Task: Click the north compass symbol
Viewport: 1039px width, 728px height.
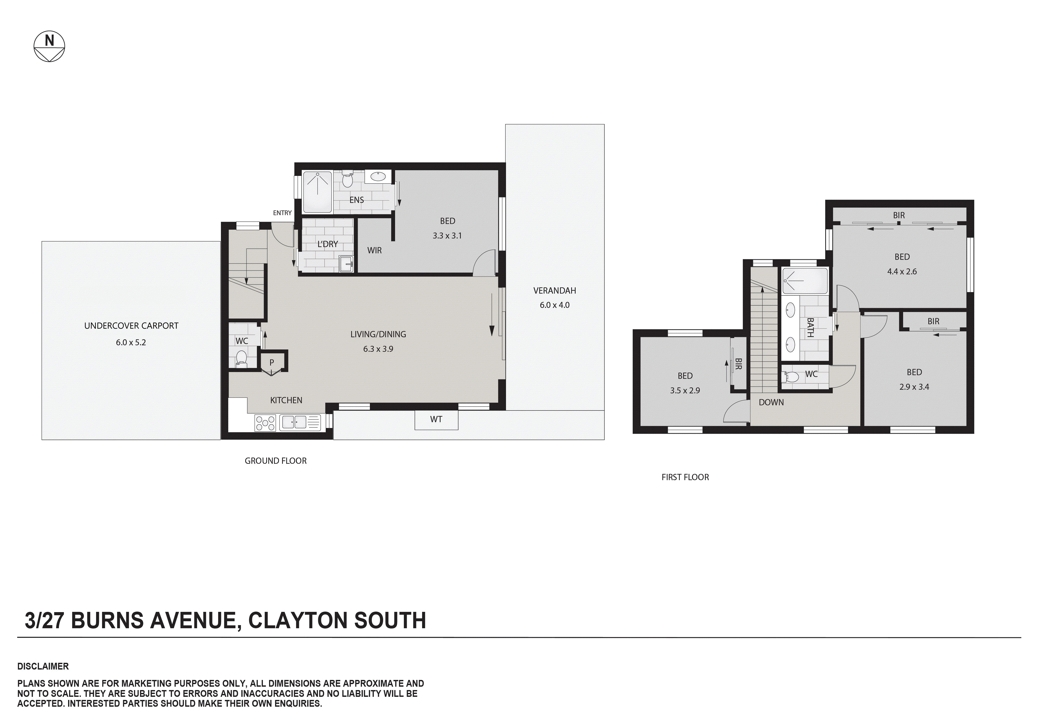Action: tap(49, 46)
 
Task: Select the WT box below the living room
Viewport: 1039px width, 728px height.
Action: tap(436, 420)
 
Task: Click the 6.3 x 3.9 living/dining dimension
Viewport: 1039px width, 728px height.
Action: tap(378, 349)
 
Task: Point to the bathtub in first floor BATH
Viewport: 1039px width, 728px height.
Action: tap(805, 281)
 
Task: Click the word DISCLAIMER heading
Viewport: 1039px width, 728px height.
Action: tap(43, 666)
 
